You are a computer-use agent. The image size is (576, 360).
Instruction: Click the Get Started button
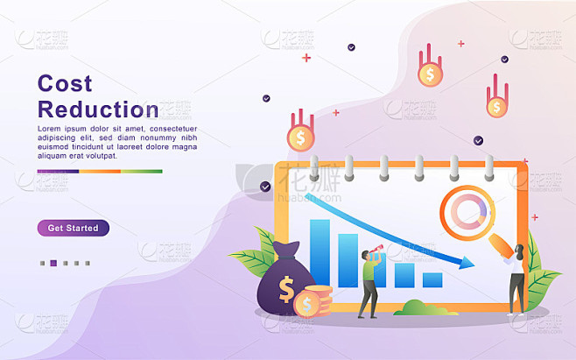pyautogui.click(x=74, y=228)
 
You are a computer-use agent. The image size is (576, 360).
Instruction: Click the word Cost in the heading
pyautogui.click(x=65, y=83)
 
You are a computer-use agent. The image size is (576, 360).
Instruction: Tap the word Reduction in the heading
pyautogui.click(x=98, y=109)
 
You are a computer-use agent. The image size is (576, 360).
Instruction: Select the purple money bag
pyautogui.click(x=283, y=279)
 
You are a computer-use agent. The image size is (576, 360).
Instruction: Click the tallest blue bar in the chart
pyautogui.click(x=320, y=252)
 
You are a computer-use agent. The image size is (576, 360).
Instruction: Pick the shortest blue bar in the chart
pyautogui.click(x=432, y=279)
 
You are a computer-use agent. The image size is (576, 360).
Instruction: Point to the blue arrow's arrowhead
pyautogui.click(x=467, y=262)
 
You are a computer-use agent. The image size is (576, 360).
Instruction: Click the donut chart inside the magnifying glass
pyautogui.click(x=468, y=212)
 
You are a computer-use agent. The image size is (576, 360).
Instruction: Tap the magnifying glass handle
pyautogui.click(x=501, y=245)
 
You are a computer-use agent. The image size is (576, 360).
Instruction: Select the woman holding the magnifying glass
pyautogui.click(x=516, y=279)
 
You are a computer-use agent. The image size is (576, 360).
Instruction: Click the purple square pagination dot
pyautogui.click(x=53, y=263)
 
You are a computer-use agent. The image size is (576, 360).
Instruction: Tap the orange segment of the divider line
pyautogui.click(x=100, y=172)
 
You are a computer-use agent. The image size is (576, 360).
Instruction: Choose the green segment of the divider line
pyautogui.click(x=142, y=172)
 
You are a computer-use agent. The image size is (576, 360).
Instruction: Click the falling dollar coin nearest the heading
pyautogui.click(x=301, y=137)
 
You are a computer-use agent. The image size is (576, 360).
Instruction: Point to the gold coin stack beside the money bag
pyautogui.click(x=314, y=301)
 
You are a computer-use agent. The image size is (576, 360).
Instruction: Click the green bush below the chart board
pyautogui.click(x=425, y=308)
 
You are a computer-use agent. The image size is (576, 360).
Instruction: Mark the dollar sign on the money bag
pyautogui.click(x=286, y=289)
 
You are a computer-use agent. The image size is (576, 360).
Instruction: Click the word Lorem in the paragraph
pyautogui.click(x=49, y=129)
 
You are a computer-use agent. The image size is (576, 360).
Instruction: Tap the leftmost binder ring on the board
pyautogui.click(x=314, y=168)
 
